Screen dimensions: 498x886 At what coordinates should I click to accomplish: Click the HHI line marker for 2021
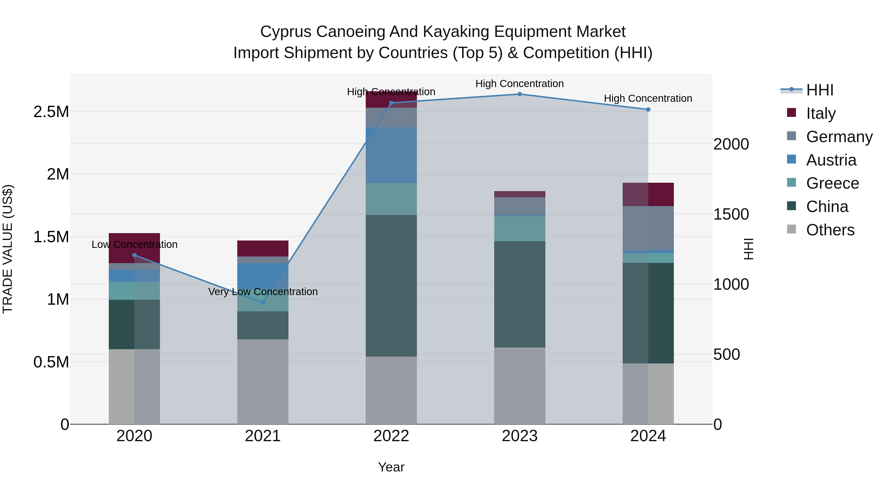tap(263, 302)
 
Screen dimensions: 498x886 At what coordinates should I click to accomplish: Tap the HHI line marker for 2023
tap(520, 94)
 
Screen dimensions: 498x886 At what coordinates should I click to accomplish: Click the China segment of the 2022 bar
tap(391, 285)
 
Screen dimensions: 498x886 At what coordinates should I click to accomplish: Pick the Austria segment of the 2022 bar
tap(391, 155)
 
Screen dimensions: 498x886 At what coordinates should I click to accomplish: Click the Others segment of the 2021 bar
tap(263, 381)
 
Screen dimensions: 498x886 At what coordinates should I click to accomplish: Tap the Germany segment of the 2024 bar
tap(648, 228)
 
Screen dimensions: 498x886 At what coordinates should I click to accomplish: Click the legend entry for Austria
tap(831, 160)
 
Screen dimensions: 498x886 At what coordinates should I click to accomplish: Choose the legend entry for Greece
tap(832, 183)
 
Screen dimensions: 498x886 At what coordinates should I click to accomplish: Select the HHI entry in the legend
tap(819, 90)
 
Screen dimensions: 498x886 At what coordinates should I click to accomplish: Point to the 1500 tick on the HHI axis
tap(731, 214)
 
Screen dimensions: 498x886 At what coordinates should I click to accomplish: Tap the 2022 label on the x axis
tap(391, 436)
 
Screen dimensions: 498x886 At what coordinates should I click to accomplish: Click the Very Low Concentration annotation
tap(263, 292)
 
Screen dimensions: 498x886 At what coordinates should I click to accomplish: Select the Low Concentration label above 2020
tap(134, 244)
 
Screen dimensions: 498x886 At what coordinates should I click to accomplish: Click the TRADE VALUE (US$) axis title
tap(8, 249)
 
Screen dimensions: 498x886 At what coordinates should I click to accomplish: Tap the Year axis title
tap(391, 467)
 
